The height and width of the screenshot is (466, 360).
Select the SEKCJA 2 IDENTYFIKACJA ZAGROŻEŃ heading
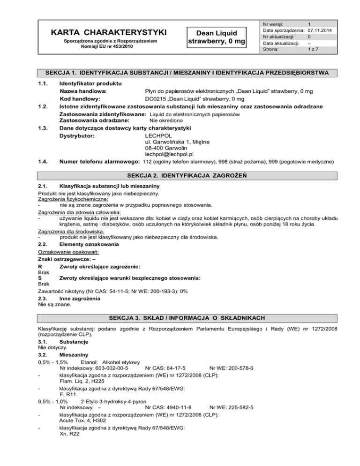click(180, 175)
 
